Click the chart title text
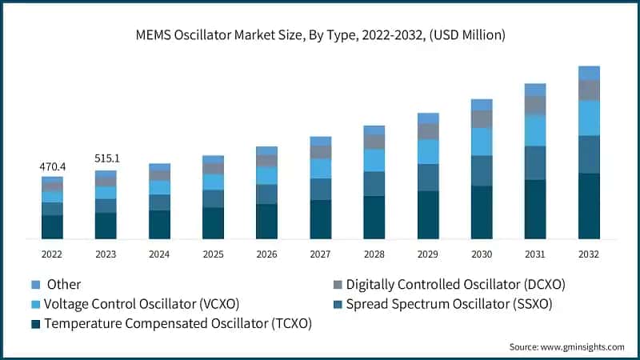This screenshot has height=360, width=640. [x=319, y=34]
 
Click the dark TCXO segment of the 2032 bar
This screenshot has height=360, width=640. [x=589, y=206]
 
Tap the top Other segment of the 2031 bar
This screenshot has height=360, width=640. [x=535, y=90]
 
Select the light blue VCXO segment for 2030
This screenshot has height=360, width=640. [x=482, y=142]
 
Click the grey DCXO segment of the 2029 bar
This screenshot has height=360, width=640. [x=428, y=131]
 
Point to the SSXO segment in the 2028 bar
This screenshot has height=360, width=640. [x=374, y=183]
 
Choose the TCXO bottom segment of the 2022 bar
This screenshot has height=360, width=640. [x=52, y=226]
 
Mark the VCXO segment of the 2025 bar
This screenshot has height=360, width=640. [x=213, y=182]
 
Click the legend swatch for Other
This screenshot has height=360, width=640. [x=34, y=284]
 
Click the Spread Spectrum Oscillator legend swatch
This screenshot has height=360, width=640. [x=338, y=304]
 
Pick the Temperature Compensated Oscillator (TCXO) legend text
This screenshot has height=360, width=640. [x=178, y=324]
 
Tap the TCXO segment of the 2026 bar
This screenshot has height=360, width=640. [x=266, y=221]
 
